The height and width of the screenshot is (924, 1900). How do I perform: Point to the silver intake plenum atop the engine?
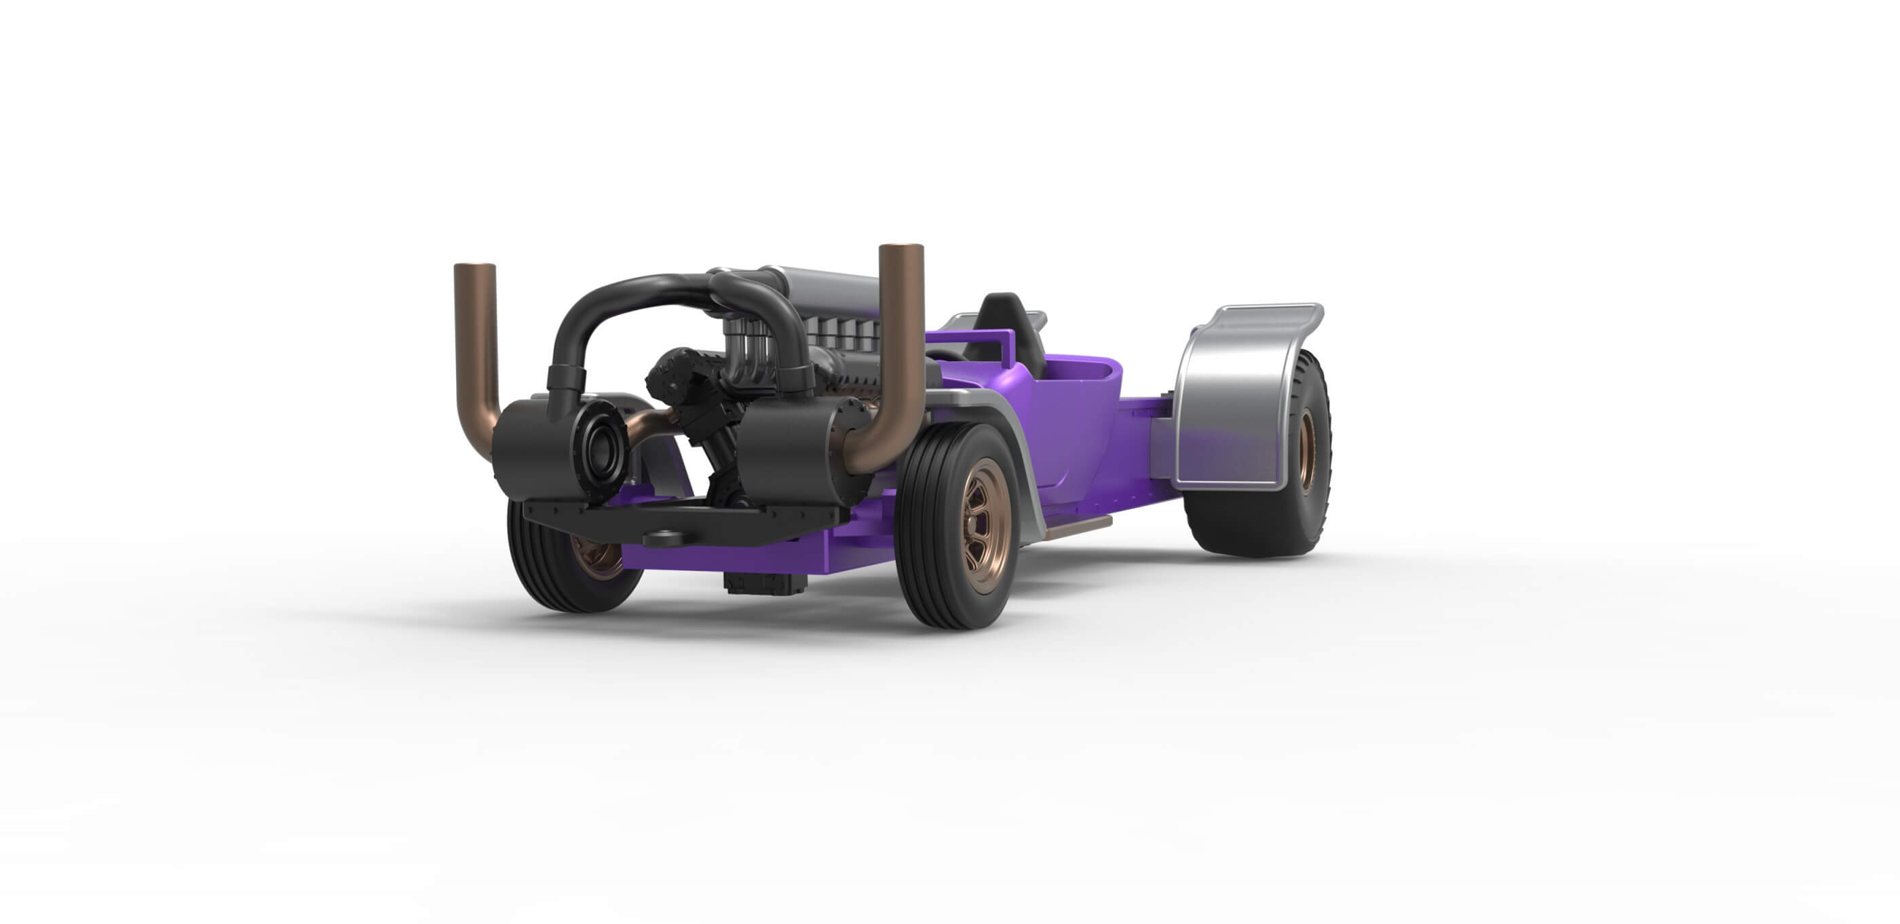pos(826,288)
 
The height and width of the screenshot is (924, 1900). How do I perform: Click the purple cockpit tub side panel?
pos(1069,428)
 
